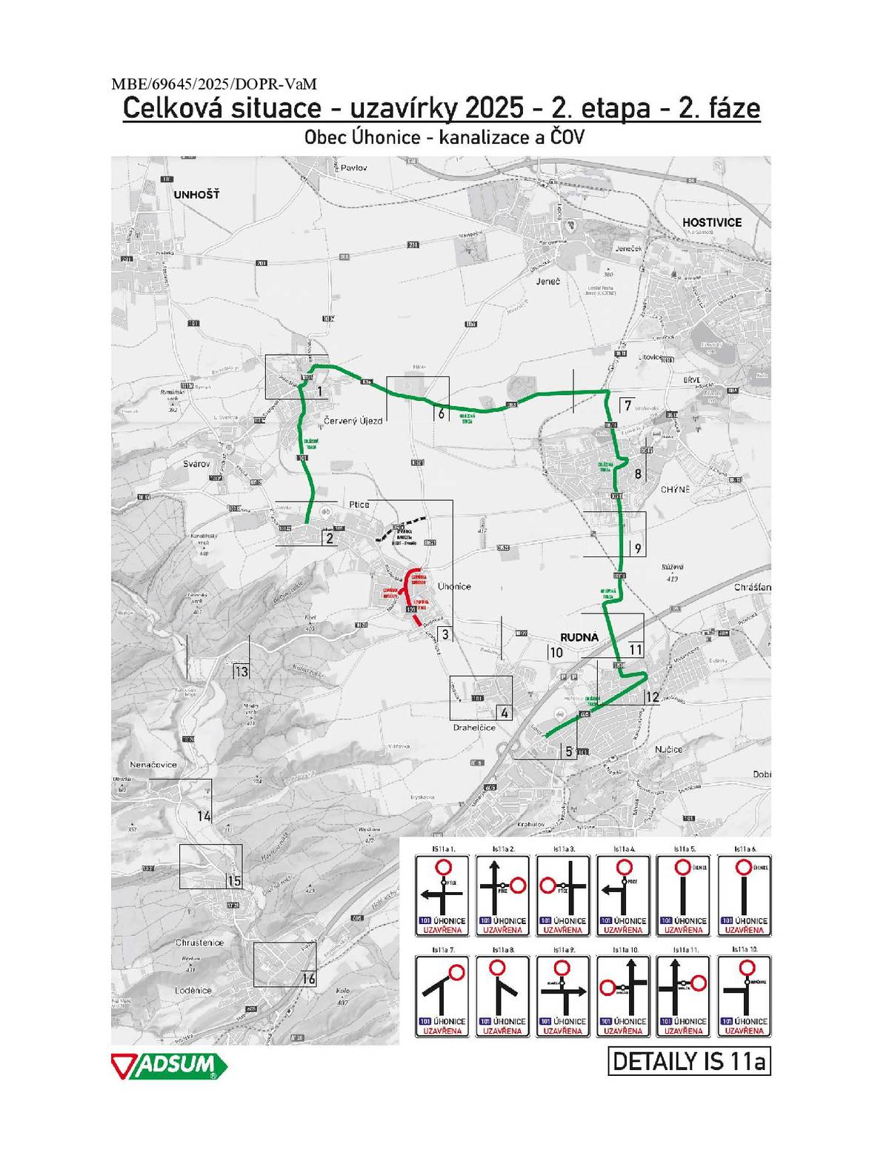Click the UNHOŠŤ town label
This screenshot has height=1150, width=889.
[x=196, y=195]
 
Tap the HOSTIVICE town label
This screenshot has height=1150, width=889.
[x=711, y=222]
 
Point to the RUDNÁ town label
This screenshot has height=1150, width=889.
[x=579, y=637]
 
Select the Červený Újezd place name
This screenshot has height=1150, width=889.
[x=353, y=421]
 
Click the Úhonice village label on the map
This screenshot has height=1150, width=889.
[x=453, y=586]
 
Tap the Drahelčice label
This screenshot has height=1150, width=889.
[x=474, y=728]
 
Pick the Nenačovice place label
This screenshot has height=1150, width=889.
[x=153, y=765]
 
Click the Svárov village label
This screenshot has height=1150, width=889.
[x=196, y=464]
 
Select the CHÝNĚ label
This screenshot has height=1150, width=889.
[x=675, y=490]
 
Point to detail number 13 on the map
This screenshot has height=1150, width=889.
[x=242, y=672]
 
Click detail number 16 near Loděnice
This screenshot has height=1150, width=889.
[x=308, y=980]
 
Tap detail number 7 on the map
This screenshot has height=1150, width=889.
[x=627, y=406]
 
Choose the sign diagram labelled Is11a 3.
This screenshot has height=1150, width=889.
[x=563, y=894]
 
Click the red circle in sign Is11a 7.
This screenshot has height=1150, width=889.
[x=456, y=971]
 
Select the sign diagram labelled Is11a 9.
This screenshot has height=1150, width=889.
[x=563, y=995]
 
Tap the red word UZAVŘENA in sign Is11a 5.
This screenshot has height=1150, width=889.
[x=683, y=930]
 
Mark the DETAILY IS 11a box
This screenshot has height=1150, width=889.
[x=688, y=1061]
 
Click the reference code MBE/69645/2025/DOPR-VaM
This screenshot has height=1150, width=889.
[x=213, y=84]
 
